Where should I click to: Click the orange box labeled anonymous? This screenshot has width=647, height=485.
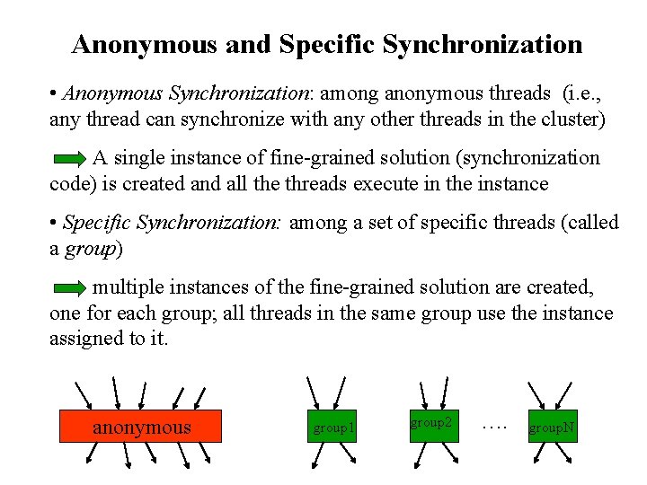point(141,427)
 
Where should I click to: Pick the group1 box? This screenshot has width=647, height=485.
point(332,428)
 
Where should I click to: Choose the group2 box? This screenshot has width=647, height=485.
point(432,422)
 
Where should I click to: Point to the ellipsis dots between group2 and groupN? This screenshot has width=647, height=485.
point(493,423)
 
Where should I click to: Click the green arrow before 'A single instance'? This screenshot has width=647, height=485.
point(69,160)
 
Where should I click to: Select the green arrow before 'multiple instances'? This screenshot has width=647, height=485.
point(69,289)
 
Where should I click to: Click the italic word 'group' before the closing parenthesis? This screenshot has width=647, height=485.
point(91,248)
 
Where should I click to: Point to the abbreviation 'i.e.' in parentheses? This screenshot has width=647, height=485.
point(586,93)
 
